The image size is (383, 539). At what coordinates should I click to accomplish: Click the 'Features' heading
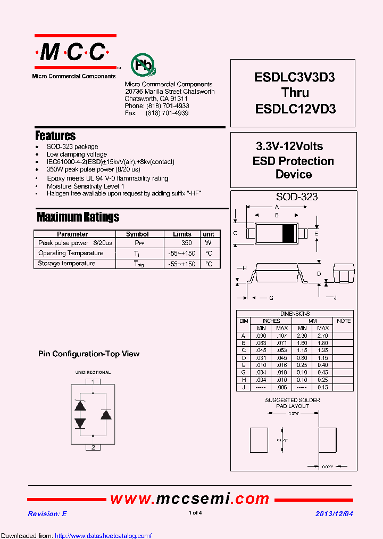55,135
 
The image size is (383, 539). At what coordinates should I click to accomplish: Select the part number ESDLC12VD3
295,109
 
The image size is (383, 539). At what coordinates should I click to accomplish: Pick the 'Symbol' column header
137,234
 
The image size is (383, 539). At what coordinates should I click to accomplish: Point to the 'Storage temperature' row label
67,264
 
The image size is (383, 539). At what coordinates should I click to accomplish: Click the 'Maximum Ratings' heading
78,217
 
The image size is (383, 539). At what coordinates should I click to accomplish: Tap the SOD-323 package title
296,197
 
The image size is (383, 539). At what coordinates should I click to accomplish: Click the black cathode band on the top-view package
288,233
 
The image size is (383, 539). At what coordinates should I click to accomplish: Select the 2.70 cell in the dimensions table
323,336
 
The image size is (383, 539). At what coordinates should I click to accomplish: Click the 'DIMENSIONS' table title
295,314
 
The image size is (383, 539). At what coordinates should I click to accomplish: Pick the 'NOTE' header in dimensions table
344,321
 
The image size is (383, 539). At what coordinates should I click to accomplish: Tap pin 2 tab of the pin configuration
93,447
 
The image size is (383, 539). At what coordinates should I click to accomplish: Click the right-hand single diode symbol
106,414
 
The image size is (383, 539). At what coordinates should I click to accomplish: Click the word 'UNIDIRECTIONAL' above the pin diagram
93,372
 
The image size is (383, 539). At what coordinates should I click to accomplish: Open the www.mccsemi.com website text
190,499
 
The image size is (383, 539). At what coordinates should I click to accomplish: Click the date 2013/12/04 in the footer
334,513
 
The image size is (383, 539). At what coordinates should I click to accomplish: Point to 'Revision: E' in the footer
47,513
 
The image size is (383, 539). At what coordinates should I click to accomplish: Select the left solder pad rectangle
260,440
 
